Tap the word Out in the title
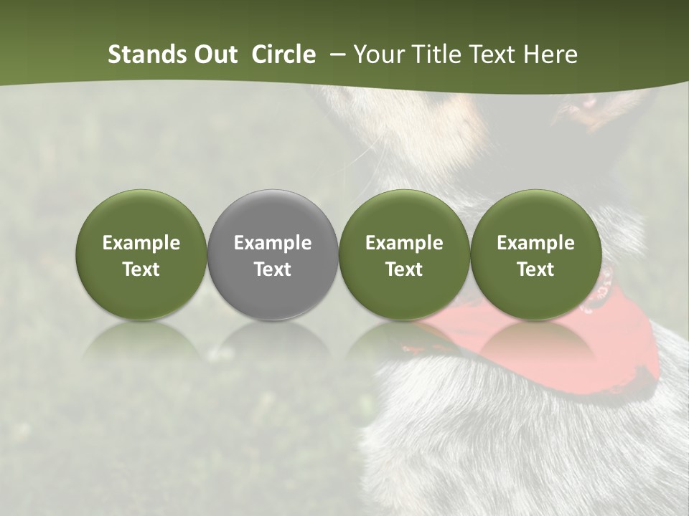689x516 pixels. [215, 54]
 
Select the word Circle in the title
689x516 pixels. [283, 54]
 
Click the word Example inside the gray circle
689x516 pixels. [273, 243]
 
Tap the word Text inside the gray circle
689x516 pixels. [273, 269]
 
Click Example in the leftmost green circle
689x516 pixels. [141, 243]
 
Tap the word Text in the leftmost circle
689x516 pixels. [141, 269]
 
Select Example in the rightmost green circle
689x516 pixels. [535, 243]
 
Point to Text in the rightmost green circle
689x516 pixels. [535, 269]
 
